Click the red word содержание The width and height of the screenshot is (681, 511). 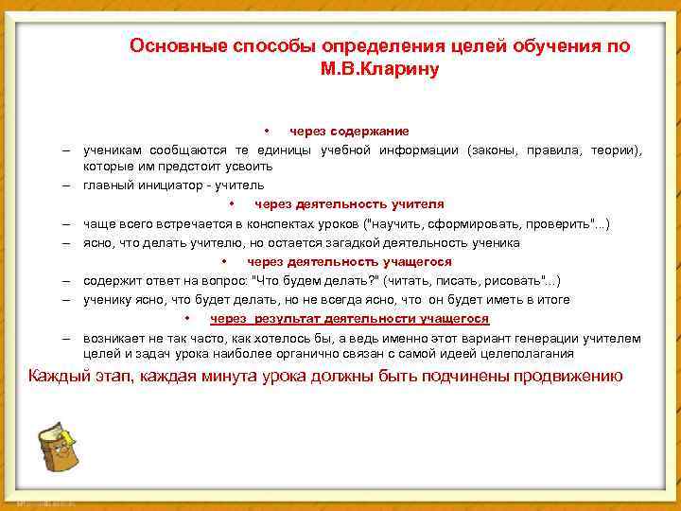(x=369, y=131)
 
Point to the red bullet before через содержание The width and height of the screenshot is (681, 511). (x=268, y=131)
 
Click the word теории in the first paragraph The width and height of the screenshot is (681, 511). (x=618, y=150)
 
